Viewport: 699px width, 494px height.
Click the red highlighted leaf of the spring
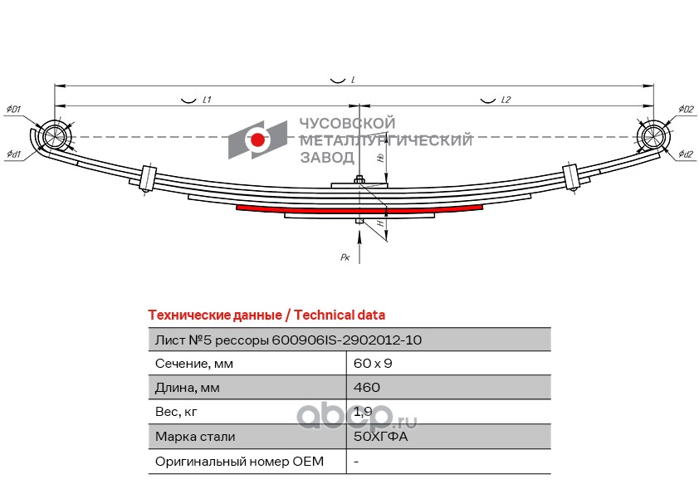click(x=359, y=208)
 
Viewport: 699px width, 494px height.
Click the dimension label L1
click(x=207, y=100)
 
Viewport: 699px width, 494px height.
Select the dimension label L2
click(x=506, y=100)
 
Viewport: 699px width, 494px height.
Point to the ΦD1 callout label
click(x=14, y=110)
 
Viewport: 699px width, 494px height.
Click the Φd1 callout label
click(x=14, y=154)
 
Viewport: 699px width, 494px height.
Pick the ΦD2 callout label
click(x=685, y=110)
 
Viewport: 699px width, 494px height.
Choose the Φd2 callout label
click(x=685, y=154)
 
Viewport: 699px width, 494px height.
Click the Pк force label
click(x=345, y=258)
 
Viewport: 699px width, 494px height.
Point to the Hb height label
click(x=379, y=157)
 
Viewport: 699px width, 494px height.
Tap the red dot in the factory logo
click(x=258, y=140)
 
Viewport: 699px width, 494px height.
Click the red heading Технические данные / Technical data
click(x=266, y=315)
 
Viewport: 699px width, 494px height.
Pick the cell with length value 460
click(x=366, y=388)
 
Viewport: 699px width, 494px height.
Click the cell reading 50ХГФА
click(x=381, y=436)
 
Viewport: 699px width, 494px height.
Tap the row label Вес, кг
click(x=177, y=412)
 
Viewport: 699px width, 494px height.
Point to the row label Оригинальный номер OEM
click(x=239, y=461)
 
